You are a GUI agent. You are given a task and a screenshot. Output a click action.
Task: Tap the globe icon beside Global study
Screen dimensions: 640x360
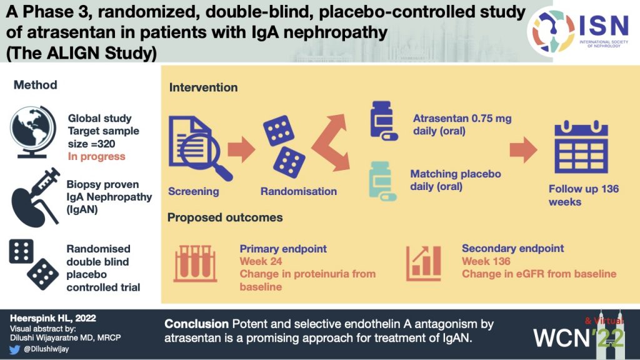click(x=32, y=132)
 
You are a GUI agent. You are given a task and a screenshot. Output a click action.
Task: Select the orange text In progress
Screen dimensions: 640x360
click(x=97, y=156)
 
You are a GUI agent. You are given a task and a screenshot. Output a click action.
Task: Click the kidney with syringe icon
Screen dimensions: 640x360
click(x=36, y=197)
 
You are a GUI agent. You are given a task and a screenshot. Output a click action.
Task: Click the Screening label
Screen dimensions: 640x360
click(x=194, y=191)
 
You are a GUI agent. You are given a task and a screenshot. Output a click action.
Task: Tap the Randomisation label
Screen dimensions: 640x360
click(x=299, y=191)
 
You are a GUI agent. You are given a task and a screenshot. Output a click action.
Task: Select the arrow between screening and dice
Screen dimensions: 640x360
click(x=241, y=149)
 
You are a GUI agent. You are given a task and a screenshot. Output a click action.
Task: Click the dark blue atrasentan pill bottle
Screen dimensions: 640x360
click(x=383, y=121)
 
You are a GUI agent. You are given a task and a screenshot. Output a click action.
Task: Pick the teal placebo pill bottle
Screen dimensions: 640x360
click(x=382, y=181)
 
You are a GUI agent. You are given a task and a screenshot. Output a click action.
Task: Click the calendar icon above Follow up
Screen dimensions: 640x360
click(x=581, y=147)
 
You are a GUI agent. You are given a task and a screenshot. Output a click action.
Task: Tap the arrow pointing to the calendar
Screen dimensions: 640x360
click(x=523, y=150)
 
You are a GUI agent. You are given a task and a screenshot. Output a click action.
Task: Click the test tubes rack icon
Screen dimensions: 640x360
click(x=195, y=264)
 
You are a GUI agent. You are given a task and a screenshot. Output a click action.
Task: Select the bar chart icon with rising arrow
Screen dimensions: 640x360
click(x=424, y=264)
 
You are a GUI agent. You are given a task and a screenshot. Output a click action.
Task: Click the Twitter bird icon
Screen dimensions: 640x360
click(x=15, y=349)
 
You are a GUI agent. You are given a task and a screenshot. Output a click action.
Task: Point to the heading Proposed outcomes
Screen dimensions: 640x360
click(x=225, y=217)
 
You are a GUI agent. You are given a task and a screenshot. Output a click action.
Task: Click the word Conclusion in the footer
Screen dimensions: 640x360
click(x=196, y=324)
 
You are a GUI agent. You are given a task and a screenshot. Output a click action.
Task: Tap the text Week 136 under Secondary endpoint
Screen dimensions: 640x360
click(x=486, y=261)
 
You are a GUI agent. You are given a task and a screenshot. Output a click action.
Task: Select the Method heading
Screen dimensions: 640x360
click(x=36, y=85)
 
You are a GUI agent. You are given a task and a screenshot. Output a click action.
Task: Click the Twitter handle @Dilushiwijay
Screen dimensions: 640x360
click(x=46, y=349)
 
